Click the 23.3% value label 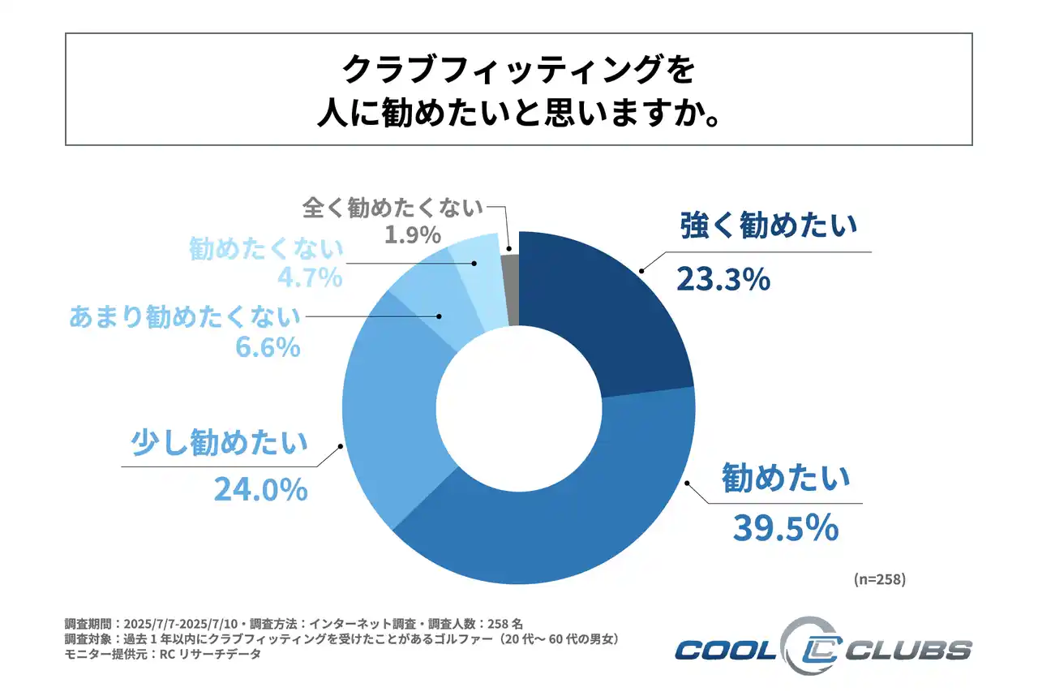pyautogui.click(x=722, y=280)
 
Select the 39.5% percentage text pyautogui.click(x=785, y=528)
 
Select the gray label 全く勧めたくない pyautogui.click(x=392, y=208)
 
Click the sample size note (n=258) pyautogui.click(x=879, y=579)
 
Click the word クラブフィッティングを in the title pyautogui.click(x=518, y=70)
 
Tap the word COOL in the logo pyautogui.click(x=725, y=650)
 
